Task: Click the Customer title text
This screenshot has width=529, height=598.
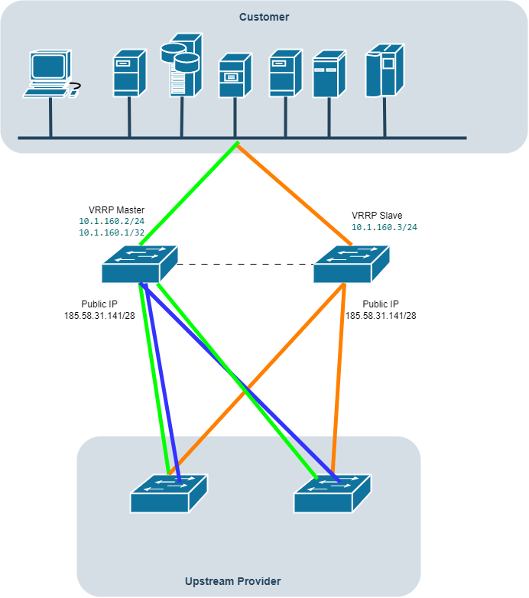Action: (x=264, y=17)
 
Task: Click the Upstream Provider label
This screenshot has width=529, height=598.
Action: (x=232, y=581)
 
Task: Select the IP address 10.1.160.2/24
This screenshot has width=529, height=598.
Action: (x=112, y=221)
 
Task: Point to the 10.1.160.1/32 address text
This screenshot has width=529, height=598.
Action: (x=112, y=232)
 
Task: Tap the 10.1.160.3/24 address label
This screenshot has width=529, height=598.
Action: (x=384, y=227)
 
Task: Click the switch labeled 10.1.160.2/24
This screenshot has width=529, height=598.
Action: (x=139, y=264)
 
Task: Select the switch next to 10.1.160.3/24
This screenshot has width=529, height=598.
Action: (x=351, y=264)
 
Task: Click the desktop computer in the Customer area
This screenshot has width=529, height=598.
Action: (x=50, y=73)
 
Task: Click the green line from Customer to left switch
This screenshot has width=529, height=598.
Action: (x=187, y=193)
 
